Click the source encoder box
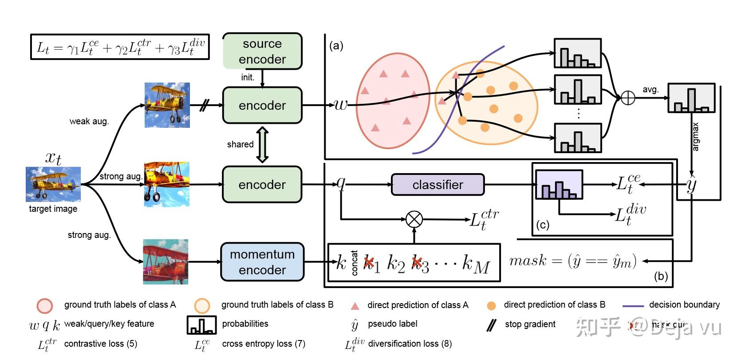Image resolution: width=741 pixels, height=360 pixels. click(262, 51)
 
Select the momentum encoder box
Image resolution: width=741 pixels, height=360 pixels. click(262, 262)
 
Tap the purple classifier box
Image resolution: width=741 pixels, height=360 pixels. click(438, 185)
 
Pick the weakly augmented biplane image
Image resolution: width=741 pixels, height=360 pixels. click(167, 105)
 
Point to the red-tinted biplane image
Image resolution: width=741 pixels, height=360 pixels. click(166, 262)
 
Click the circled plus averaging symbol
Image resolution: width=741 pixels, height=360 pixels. click(628, 98)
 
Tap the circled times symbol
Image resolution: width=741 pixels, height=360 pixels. click(414, 219)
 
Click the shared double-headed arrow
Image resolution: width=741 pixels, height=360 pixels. click(262, 145)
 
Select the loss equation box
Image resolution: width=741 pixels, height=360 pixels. click(120, 47)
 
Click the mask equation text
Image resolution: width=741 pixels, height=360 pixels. click(573, 261)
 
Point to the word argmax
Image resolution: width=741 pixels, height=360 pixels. click(695, 137)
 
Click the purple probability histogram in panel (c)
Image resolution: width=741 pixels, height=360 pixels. click(559, 184)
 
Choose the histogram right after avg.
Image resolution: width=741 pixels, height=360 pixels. click(691, 98)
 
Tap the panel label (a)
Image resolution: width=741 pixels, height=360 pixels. click(336, 46)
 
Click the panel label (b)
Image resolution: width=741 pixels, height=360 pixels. click(661, 276)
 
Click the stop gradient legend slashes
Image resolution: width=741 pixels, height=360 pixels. click(491, 325)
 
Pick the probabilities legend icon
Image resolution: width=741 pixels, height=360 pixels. click(202, 324)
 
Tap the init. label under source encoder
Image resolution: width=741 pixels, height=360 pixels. click(248, 77)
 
